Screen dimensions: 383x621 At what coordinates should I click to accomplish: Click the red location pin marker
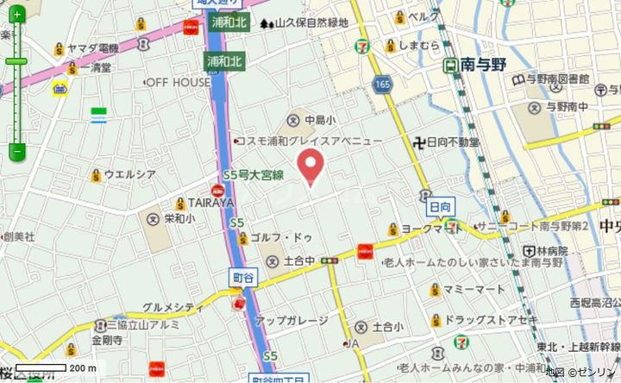click(310, 166)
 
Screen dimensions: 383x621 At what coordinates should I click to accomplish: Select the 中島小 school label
click(319, 120)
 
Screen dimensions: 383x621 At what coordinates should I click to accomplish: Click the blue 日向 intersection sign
click(440, 207)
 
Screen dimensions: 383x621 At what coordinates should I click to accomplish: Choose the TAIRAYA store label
click(211, 203)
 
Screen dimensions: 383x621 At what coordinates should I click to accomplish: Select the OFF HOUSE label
click(178, 82)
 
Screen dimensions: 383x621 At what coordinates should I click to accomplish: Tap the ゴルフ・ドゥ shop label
click(279, 237)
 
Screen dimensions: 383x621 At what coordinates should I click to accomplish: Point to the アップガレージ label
click(292, 320)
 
